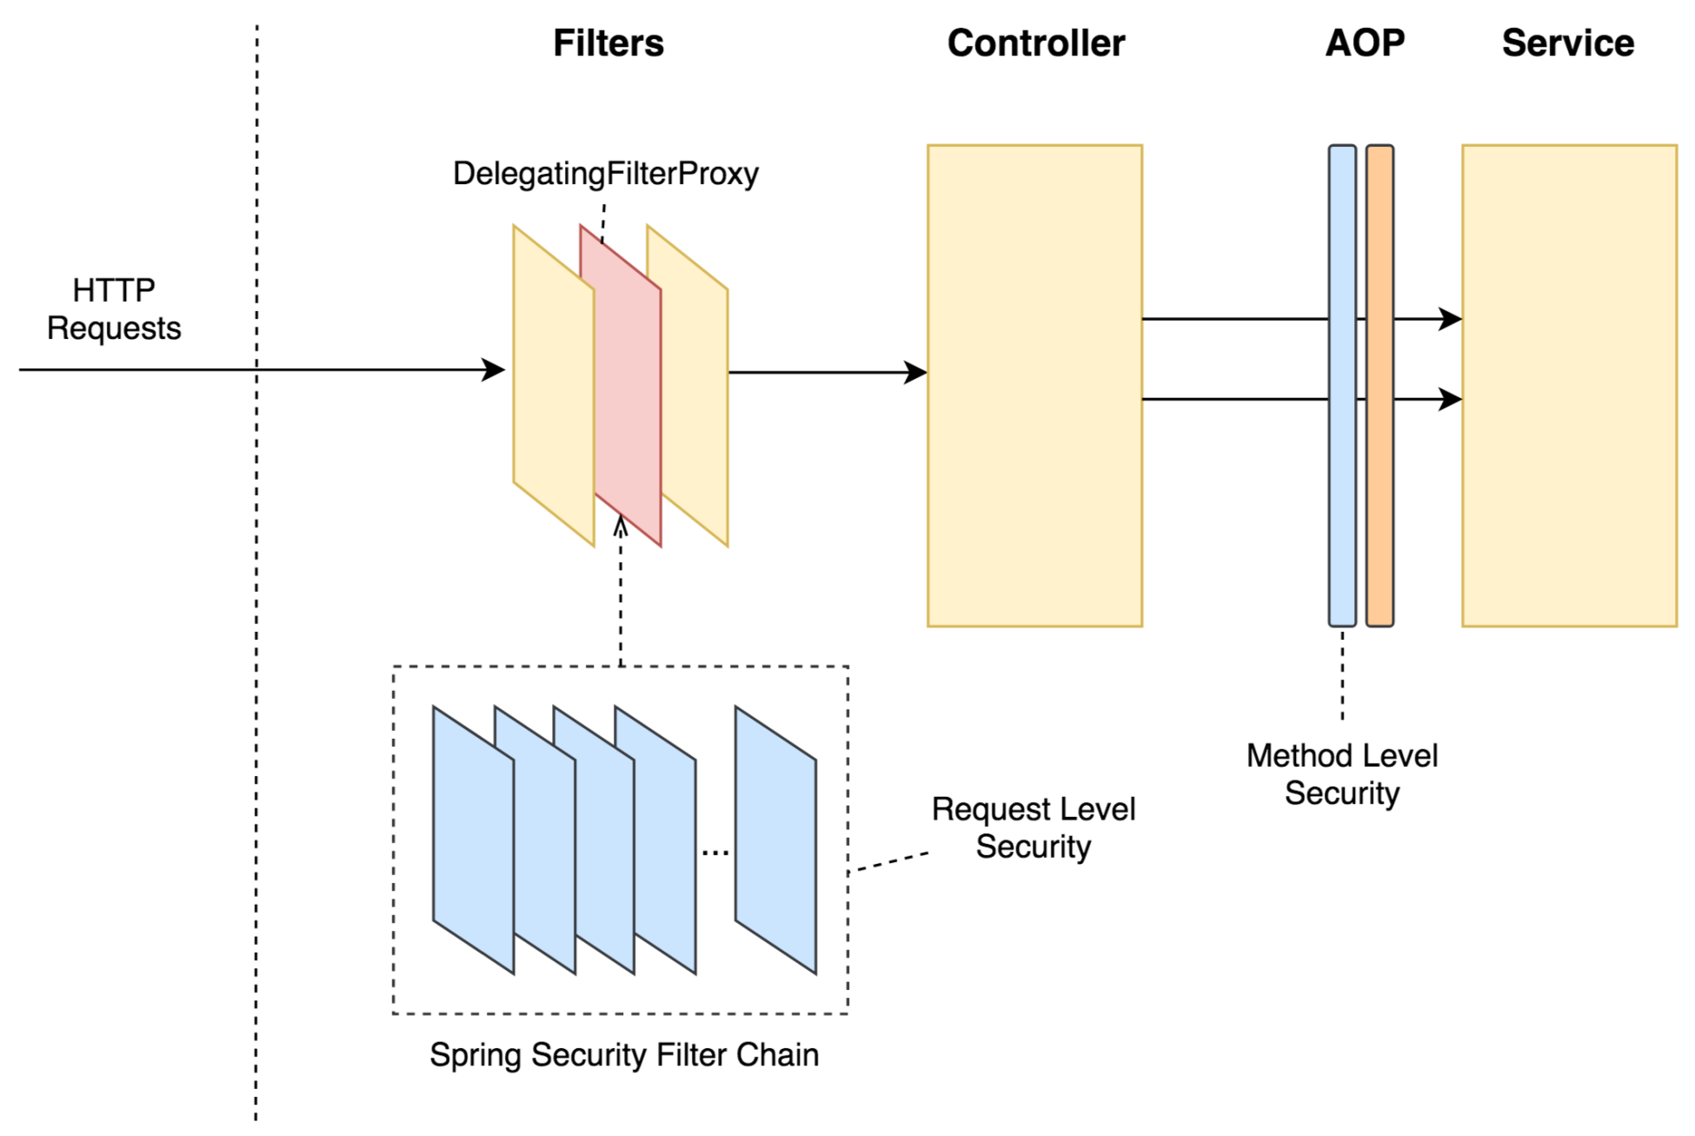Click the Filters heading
click(x=608, y=43)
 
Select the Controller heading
click(x=1036, y=43)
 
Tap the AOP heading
click(x=1365, y=43)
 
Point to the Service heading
click(x=1568, y=43)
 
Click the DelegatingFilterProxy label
click(x=606, y=174)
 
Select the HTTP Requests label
click(x=114, y=309)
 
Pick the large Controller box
click(x=1034, y=386)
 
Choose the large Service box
click(x=1569, y=386)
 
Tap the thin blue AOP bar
click(x=1342, y=386)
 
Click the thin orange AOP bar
click(x=1379, y=386)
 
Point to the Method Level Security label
click(x=1342, y=774)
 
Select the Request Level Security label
click(x=1034, y=827)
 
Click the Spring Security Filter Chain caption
click(x=624, y=1055)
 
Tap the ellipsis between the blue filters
click(x=715, y=854)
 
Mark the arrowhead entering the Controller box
click(x=916, y=373)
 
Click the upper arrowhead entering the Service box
click(x=1451, y=319)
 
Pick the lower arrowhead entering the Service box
click(x=1451, y=399)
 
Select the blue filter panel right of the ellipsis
click(x=775, y=840)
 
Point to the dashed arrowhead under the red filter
click(x=621, y=526)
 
